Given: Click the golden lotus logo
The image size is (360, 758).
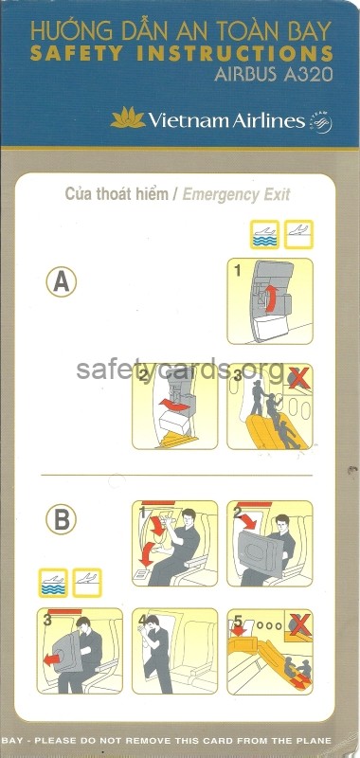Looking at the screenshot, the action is click(x=128, y=118).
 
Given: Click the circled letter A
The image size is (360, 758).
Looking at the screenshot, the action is click(x=62, y=281).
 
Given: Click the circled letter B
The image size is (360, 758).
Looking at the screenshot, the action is click(x=61, y=519).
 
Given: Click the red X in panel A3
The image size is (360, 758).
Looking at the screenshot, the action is click(x=299, y=377).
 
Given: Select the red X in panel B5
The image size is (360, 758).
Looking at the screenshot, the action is click(x=299, y=623).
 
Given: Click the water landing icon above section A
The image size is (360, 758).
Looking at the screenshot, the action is click(x=265, y=234).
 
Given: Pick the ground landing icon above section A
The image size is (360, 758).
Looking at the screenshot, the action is click(x=298, y=234).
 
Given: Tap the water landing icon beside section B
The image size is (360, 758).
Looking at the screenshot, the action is click(x=53, y=583).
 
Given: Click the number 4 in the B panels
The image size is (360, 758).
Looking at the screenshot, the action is click(x=141, y=620).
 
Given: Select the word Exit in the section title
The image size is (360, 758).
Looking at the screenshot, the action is click(x=277, y=195).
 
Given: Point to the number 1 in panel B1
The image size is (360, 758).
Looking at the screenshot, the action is click(x=141, y=512).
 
